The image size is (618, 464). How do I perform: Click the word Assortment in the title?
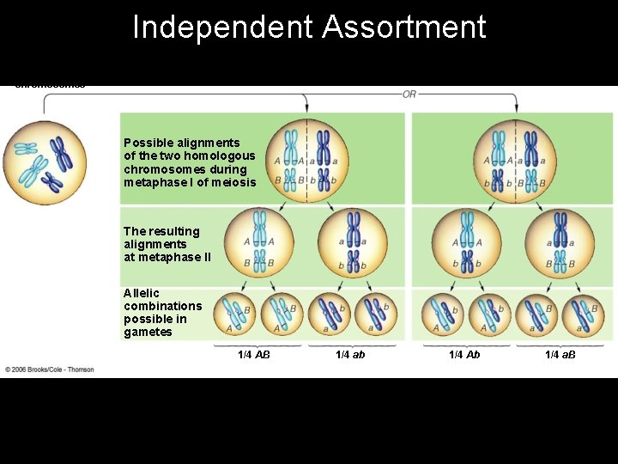[x=404, y=27]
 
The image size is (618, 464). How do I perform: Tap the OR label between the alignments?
[x=409, y=94]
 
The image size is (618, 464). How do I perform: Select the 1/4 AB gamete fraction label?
[x=254, y=355]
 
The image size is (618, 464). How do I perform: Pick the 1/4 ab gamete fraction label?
[x=350, y=355]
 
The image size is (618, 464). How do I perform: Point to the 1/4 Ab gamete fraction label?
[x=464, y=355]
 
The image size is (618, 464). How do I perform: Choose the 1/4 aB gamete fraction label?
[x=560, y=355]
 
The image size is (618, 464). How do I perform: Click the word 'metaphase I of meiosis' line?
[x=190, y=182]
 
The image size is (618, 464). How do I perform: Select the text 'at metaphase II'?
[x=167, y=258]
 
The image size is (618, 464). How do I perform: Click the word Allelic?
[x=142, y=293]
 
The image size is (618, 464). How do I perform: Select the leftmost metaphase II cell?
[x=258, y=243]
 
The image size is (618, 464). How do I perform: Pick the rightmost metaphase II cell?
[x=560, y=243]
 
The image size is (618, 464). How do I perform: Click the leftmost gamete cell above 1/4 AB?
[x=234, y=314]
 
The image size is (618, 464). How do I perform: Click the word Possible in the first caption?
[x=146, y=143]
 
